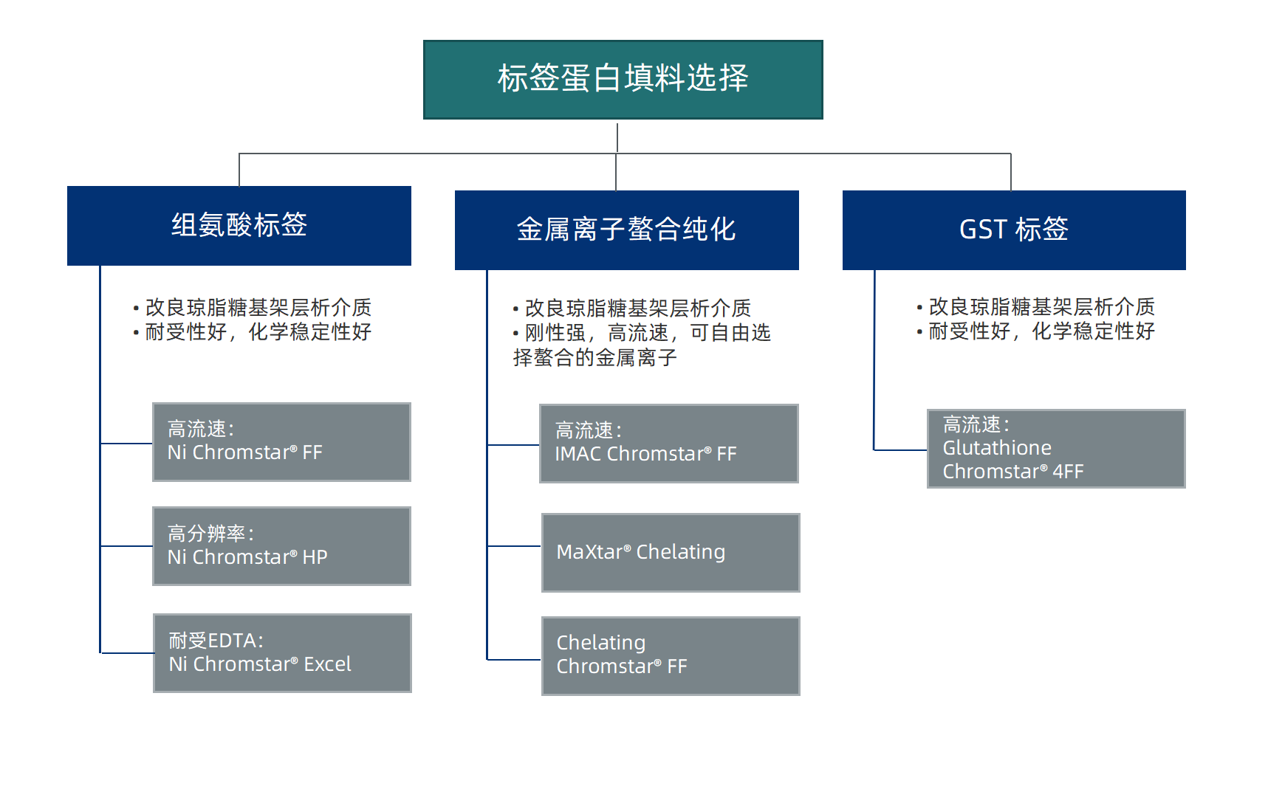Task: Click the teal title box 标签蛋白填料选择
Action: point(623,80)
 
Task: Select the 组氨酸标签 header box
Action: point(239,226)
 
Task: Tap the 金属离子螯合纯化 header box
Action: point(626,230)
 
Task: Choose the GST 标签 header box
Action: point(1013,230)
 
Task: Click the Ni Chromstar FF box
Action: point(281,442)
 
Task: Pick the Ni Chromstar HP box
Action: point(281,546)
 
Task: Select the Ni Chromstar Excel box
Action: point(282,653)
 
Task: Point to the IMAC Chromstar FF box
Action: point(668,444)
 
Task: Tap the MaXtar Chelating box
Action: point(670,553)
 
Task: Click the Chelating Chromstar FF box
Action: point(670,656)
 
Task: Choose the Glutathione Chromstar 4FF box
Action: point(1055,449)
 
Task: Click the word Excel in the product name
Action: point(327,664)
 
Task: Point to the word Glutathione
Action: point(997,448)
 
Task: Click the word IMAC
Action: point(578,454)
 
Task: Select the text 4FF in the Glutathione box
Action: point(1068,472)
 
